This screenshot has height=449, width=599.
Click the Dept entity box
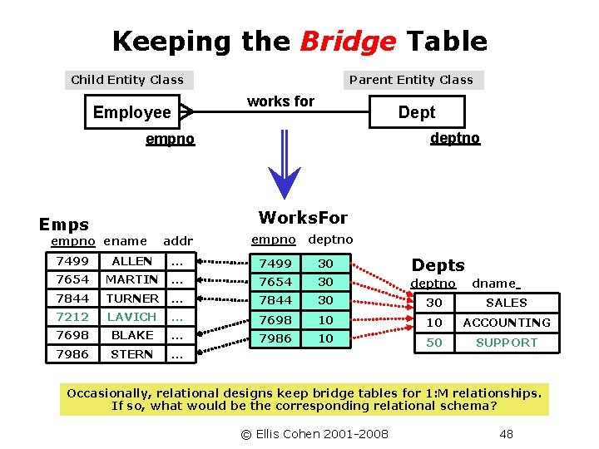click(x=416, y=112)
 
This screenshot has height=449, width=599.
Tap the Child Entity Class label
click(x=127, y=80)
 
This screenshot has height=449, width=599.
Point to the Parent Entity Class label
click(x=411, y=80)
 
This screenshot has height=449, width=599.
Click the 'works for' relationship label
click(x=280, y=101)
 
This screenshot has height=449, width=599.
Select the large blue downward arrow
click(x=285, y=166)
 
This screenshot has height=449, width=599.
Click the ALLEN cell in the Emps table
click(x=132, y=261)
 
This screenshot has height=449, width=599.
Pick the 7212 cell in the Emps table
click(x=72, y=317)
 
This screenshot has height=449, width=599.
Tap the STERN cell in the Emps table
click(x=132, y=354)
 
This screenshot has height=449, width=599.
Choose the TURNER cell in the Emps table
click(x=132, y=298)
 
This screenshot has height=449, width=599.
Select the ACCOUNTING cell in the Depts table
click(x=507, y=323)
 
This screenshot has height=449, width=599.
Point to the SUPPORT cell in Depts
click(x=507, y=343)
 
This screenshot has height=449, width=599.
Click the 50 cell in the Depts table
click(x=434, y=343)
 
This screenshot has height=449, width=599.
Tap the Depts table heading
click(x=438, y=265)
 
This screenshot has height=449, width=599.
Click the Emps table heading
click(x=64, y=224)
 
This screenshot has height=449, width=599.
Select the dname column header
click(x=494, y=284)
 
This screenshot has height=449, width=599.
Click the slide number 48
click(x=506, y=433)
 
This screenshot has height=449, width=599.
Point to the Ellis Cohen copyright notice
click(x=314, y=433)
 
